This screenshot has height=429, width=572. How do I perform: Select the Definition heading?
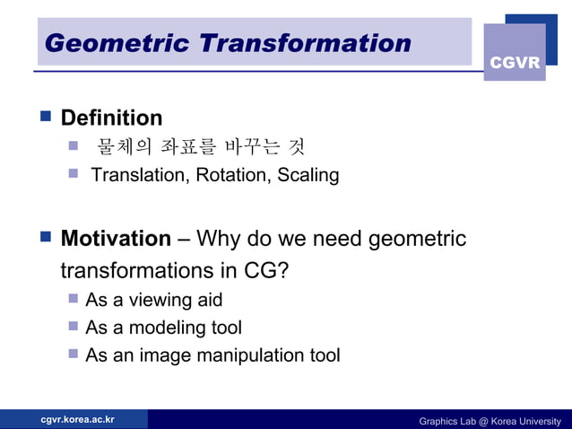[111, 118]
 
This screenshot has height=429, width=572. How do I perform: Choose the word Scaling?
[308, 175]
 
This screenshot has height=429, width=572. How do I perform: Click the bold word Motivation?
[116, 239]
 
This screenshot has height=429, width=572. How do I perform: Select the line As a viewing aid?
[153, 300]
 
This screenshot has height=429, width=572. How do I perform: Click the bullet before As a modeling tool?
[74, 328]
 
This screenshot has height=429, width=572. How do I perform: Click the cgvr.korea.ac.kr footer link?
[77, 419]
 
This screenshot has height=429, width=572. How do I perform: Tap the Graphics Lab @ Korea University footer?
[490, 421]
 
